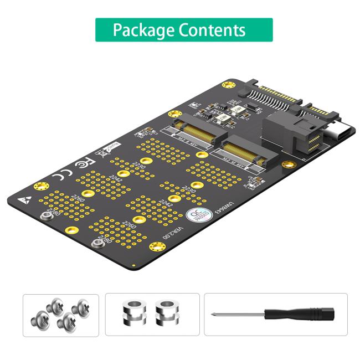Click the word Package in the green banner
click(x=142, y=30)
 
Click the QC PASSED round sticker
click(x=198, y=217)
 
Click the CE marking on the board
click(x=60, y=177)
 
